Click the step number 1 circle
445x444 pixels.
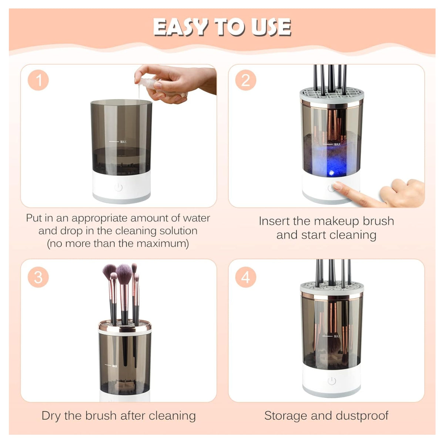tap(38, 80)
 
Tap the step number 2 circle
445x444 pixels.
tap(246, 80)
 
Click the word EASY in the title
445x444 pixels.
tap(181, 27)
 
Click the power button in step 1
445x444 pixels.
tap(118, 187)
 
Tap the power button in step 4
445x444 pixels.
tap(332, 381)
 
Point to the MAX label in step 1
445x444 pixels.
tap(123, 142)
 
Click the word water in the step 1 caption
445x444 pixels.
tap(196, 218)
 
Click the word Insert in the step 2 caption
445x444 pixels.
tap(274, 221)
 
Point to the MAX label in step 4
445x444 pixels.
tap(337, 336)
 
